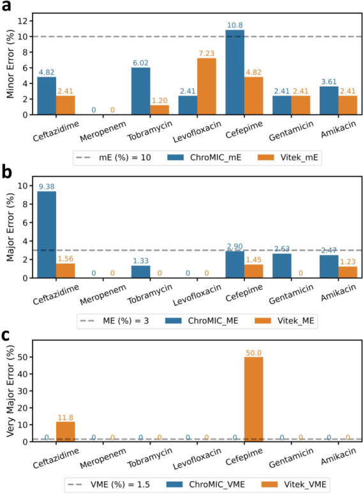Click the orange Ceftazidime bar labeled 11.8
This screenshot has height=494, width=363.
click(x=65, y=431)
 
